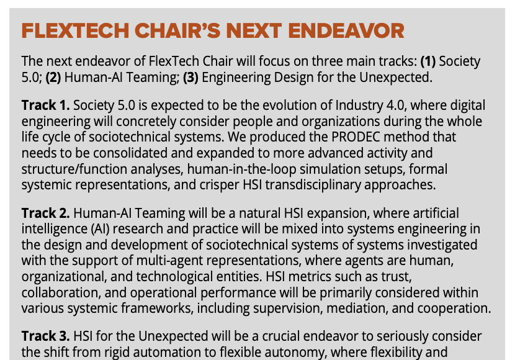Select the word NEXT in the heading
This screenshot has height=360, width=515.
point(254,31)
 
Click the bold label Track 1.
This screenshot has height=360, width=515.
point(46,105)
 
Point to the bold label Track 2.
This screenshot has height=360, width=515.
point(46,213)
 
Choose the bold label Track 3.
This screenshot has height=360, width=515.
point(46,336)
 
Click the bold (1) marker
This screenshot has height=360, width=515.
point(428,61)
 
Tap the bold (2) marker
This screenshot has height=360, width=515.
point(53,78)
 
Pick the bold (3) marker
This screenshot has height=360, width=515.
point(191,78)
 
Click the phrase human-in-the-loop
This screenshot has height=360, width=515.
point(242,169)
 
